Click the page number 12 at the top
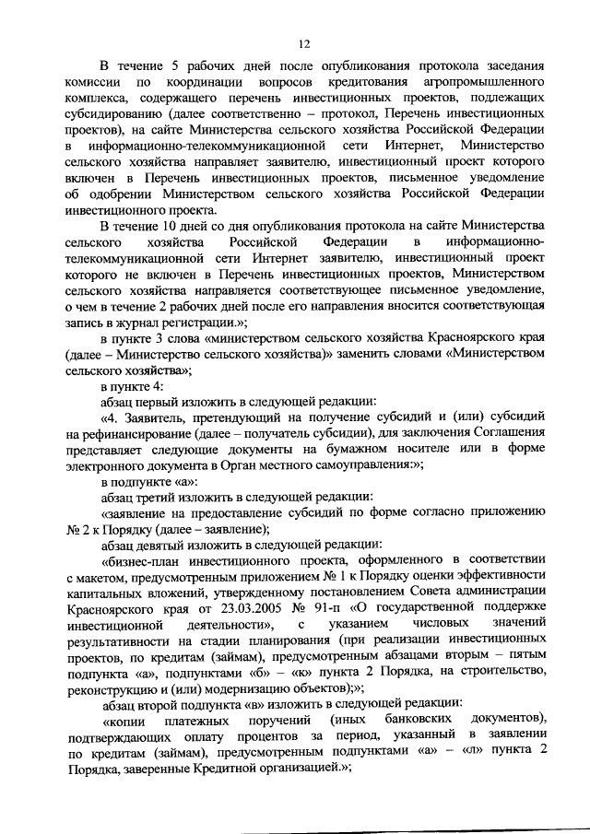(303, 43)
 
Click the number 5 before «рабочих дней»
(185, 66)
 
